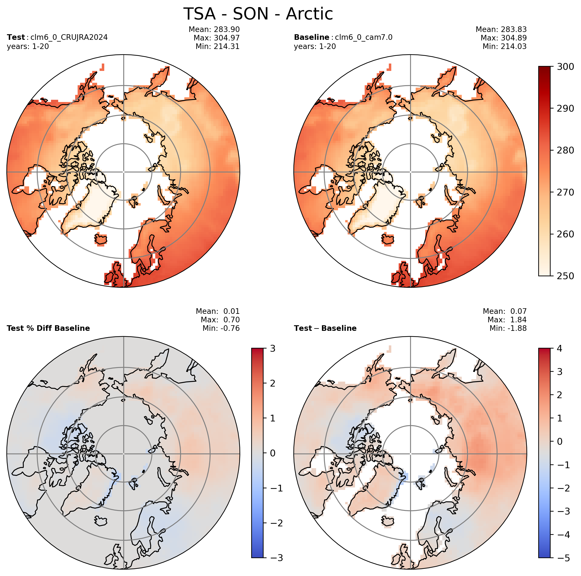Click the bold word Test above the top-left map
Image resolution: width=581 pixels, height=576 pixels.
[x=16, y=37]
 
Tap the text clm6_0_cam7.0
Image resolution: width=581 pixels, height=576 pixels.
[x=364, y=37]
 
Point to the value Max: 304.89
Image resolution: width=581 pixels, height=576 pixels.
[x=504, y=38]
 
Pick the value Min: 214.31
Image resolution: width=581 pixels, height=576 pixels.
[x=218, y=46]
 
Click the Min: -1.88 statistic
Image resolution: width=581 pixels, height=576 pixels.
[x=508, y=328]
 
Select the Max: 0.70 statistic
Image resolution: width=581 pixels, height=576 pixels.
[x=220, y=320]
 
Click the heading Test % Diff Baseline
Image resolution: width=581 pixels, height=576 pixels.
[x=48, y=328]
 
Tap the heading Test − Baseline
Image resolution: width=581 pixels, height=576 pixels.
[x=325, y=328]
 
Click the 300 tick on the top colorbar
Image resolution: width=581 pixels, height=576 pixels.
[x=566, y=66]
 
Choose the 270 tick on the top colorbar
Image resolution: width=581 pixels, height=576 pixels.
[x=566, y=192]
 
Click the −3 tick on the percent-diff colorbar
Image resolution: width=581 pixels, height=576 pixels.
[x=276, y=558]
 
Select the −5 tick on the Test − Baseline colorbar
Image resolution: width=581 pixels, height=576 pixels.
[x=563, y=558]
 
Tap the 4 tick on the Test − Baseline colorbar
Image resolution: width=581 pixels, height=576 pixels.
[x=560, y=349]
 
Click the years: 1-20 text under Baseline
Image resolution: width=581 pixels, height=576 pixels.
[x=315, y=46]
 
